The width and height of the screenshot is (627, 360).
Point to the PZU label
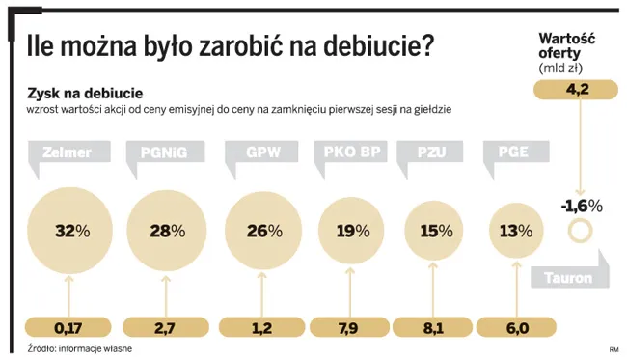pos(430,152)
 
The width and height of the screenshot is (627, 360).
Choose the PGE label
pos(512,152)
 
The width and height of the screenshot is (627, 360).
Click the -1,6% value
pos(581,206)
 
